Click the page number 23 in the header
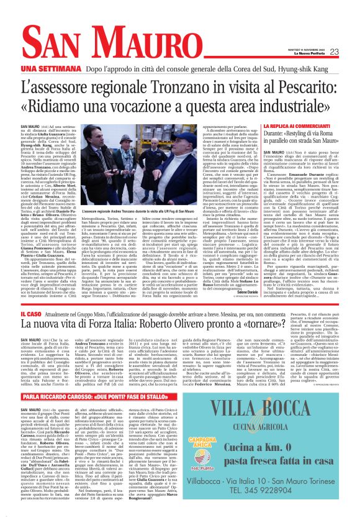click(x=334, y=52)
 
